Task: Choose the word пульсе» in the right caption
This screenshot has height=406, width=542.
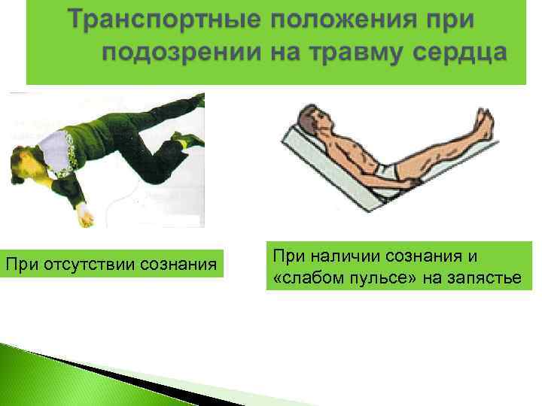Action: coord(376,280)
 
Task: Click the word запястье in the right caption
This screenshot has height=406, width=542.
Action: coord(489,280)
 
